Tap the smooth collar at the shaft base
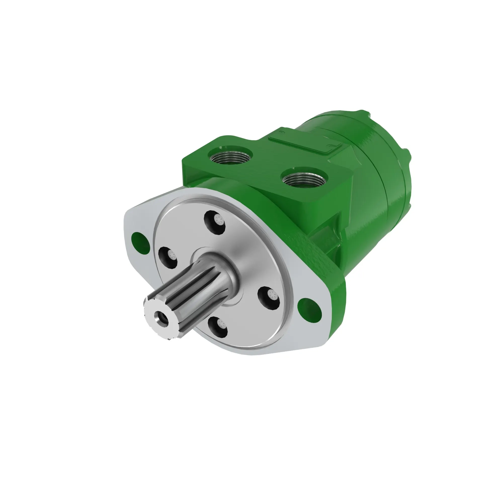pos(224,268)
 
